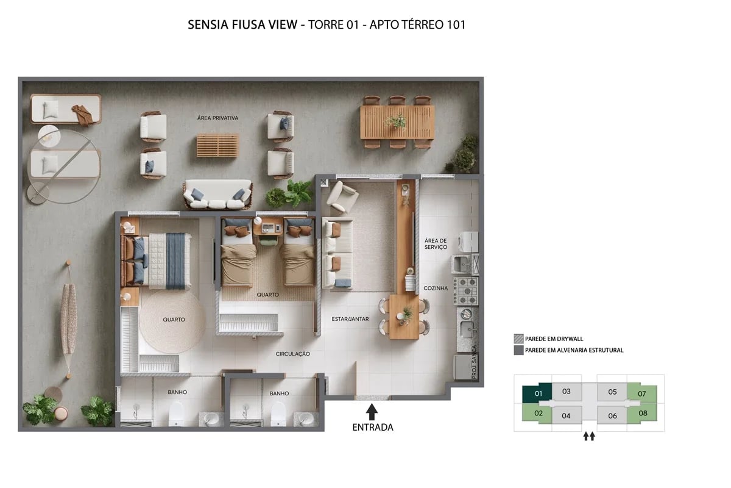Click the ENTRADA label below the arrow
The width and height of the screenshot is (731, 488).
(x=373, y=427)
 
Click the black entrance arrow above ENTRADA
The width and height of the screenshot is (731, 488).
(x=372, y=412)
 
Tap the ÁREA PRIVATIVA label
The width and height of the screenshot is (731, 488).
(x=217, y=118)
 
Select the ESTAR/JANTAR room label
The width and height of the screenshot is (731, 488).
(x=350, y=318)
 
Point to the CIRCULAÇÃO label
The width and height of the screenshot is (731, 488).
(x=293, y=354)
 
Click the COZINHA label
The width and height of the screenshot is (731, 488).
(x=436, y=288)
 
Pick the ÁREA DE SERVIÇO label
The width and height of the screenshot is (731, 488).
(x=436, y=243)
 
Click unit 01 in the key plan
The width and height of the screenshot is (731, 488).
(x=537, y=393)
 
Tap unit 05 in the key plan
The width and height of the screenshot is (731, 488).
(x=612, y=392)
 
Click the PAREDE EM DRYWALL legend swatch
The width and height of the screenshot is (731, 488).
(x=518, y=339)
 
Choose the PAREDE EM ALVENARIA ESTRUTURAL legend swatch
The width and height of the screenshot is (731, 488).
(x=518, y=350)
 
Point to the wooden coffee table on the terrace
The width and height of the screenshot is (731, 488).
(x=217, y=146)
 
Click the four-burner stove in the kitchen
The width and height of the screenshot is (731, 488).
(x=468, y=291)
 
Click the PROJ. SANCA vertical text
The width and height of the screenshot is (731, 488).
(x=475, y=362)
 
